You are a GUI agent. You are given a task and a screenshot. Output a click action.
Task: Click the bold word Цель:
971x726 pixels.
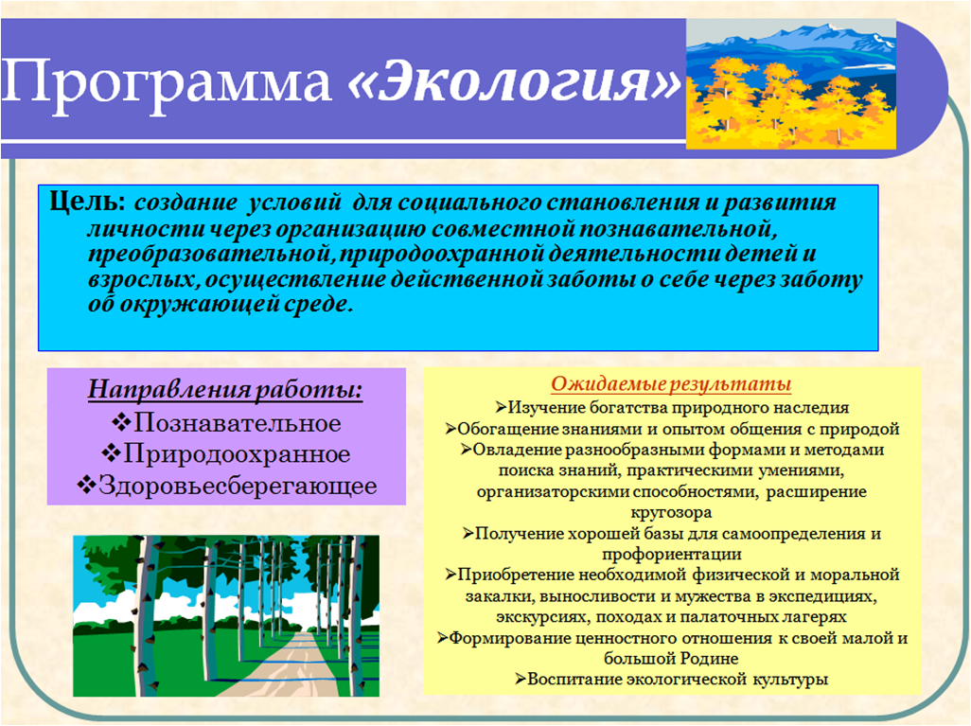(x=88, y=202)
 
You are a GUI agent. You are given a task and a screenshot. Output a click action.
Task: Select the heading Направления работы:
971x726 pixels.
(x=225, y=390)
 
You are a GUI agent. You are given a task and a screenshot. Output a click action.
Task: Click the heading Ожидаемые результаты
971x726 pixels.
(x=671, y=384)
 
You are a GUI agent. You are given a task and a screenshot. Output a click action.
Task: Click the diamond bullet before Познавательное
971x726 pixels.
(x=121, y=423)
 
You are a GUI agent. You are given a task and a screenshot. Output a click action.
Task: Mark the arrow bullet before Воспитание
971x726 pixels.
(x=521, y=680)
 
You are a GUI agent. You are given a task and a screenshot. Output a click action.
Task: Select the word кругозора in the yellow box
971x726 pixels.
(x=671, y=513)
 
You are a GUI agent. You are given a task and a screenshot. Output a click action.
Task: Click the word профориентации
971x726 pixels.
(x=671, y=555)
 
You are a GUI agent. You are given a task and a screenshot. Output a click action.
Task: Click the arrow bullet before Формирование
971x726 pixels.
(x=442, y=638)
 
